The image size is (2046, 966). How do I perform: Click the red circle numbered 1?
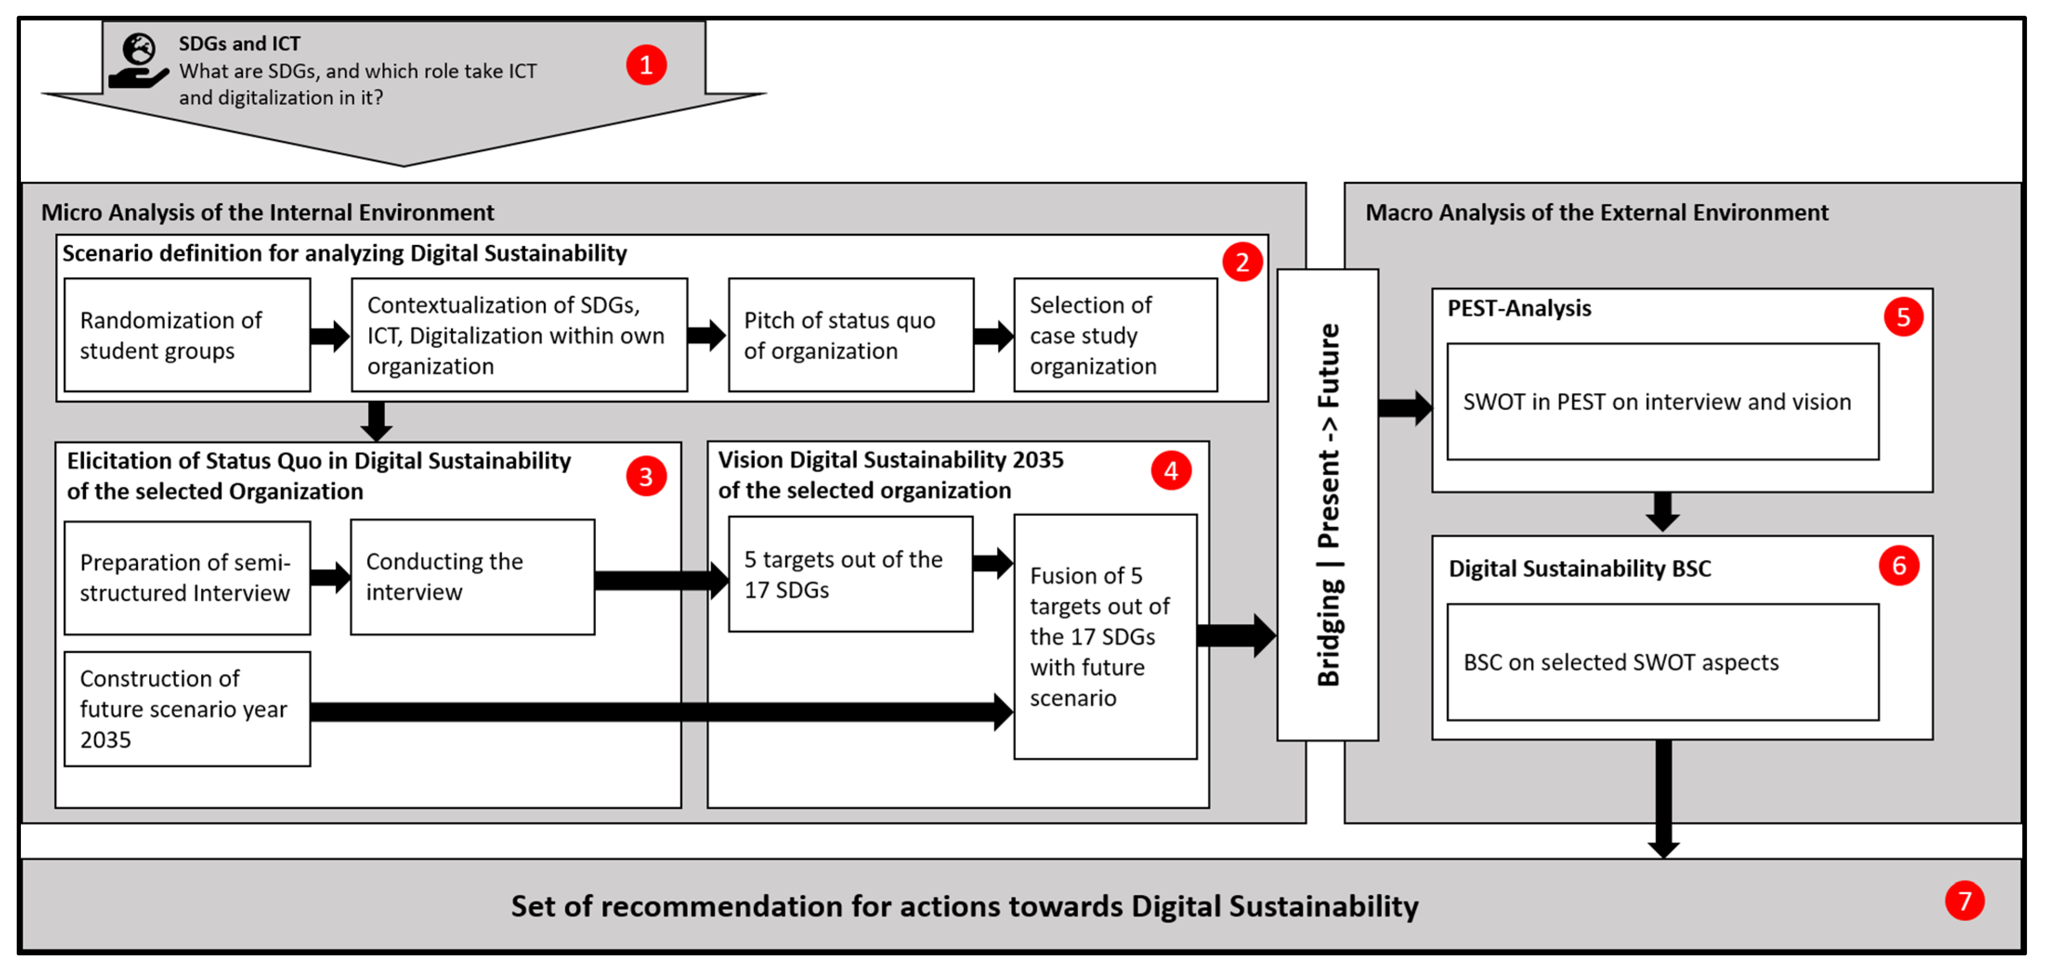(646, 65)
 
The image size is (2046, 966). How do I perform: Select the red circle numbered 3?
(646, 476)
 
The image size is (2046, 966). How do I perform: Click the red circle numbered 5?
(1903, 317)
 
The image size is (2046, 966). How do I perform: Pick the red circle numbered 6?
(1898, 565)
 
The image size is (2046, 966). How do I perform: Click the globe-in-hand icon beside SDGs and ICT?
(138, 60)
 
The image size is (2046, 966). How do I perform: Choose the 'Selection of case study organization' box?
(1114, 335)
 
